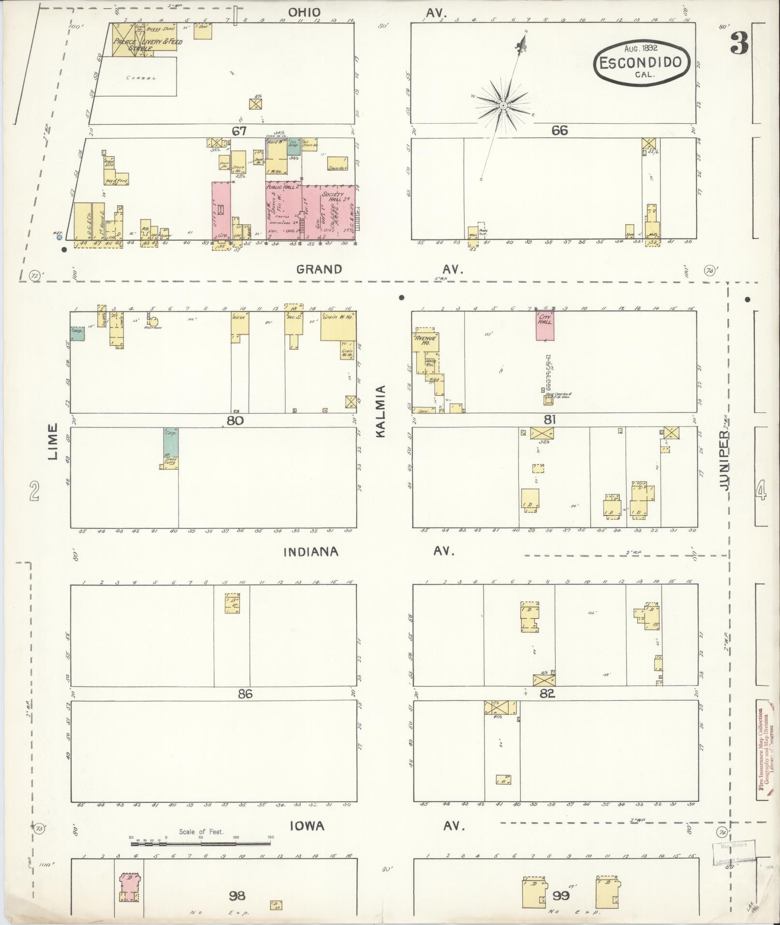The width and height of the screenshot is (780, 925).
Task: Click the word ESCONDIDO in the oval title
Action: [x=640, y=62]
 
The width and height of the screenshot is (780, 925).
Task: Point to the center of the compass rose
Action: [x=503, y=105]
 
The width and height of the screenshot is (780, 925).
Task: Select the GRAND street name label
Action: [x=319, y=269]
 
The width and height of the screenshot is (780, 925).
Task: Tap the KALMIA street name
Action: [x=381, y=411]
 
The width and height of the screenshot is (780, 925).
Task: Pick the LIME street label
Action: [x=53, y=441]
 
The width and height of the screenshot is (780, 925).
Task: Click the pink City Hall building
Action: [x=545, y=325]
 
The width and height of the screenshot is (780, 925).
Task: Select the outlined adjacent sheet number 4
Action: [x=761, y=492]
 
